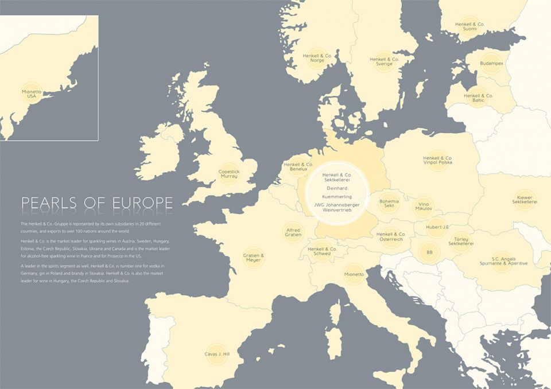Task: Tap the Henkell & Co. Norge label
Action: click(317, 58)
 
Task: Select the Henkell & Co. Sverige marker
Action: click(384, 61)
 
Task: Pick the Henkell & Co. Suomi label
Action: click(469, 26)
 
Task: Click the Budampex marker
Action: click(491, 63)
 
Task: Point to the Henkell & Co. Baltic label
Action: click(478, 98)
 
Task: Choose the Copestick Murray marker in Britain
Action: click(228, 173)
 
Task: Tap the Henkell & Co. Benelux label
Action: click(298, 167)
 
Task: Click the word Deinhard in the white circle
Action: click(337, 188)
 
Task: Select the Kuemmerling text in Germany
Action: click(337, 197)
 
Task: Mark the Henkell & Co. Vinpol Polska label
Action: click(437, 160)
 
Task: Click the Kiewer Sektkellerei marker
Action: click(525, 200)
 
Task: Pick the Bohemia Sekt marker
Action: click(389, 204)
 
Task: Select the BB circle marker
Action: click(429, 252)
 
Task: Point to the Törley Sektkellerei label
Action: click(461, 241)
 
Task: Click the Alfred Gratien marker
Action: click(293, 232)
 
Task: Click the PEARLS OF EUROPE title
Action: click(97, 203)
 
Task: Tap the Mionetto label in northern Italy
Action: click(354, 275)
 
